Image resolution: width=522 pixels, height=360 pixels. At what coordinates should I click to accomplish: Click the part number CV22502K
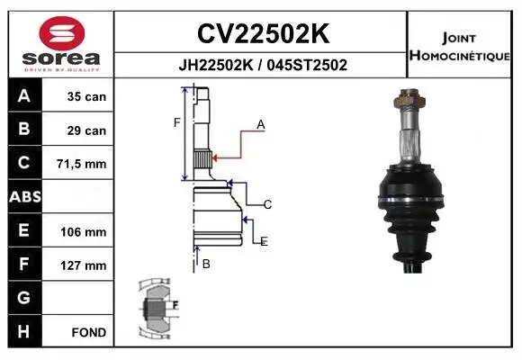pos(262,33)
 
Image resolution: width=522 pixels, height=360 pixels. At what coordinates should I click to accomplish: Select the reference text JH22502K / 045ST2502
pos(262,66)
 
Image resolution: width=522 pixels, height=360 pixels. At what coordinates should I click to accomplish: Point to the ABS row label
pos(23,197)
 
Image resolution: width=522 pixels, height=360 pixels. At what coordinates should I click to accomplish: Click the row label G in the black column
pos(23,298)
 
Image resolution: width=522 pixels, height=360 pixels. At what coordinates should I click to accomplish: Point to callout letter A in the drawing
pos(261,125)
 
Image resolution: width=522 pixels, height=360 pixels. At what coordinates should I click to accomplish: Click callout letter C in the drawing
pos(267,204)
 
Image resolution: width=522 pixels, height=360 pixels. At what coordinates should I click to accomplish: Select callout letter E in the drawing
pos(264,241)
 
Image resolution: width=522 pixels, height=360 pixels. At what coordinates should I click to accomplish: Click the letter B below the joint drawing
pos(206,264)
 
